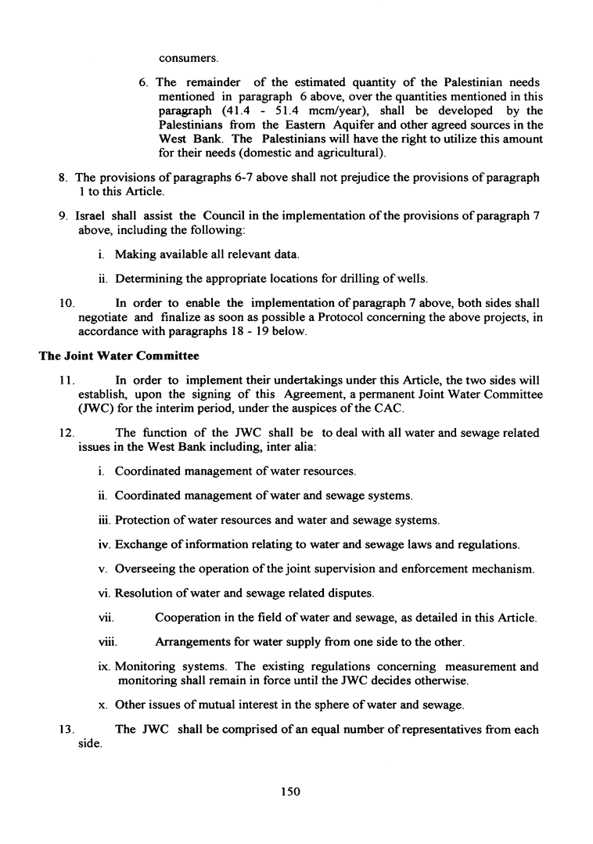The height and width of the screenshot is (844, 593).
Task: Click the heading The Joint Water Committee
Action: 119,356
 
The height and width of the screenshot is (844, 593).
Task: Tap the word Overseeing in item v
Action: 148,568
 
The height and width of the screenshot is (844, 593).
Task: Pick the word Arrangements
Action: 192,642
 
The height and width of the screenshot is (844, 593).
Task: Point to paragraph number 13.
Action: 66,729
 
